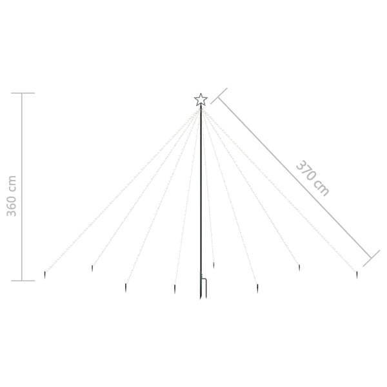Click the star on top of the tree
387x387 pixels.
pos(201,99)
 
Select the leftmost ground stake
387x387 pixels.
pos(45,274)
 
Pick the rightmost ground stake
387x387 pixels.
pos(357,274)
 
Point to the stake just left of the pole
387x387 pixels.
pos(175,288)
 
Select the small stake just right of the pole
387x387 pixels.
pos(213,264)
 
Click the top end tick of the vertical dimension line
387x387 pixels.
pos(23,94)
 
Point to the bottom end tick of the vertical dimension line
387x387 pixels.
pos(23,281)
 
